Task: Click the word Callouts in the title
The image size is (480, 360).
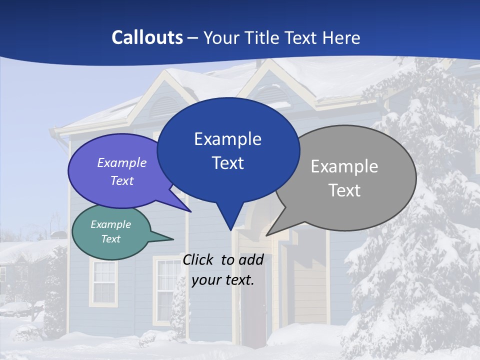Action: pos(147,37)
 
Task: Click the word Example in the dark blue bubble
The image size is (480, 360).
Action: pos(227,139)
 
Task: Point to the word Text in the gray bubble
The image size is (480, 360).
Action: pos(344,190)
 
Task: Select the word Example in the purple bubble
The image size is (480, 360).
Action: pos(121,162)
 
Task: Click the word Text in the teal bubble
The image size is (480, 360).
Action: pos(110,239)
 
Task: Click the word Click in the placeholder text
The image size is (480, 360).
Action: pos(199,259)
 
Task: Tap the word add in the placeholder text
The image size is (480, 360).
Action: pos(251,259)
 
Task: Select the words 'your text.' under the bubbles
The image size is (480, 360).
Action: pos(223,280)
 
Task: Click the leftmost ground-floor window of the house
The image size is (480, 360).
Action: pos(103,282)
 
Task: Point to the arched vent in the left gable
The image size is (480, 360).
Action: pos(164,106)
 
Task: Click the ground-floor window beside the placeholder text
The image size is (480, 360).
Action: pos(166,290)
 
